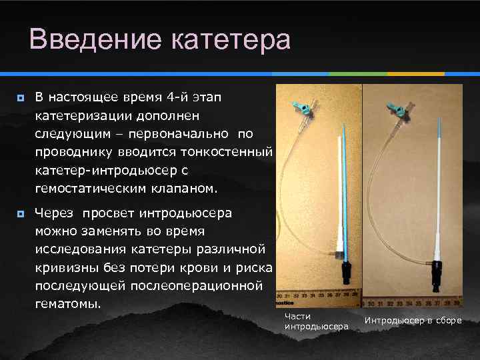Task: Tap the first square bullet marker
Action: click(21, 98)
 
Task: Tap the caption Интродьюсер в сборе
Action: click(413, 321)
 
